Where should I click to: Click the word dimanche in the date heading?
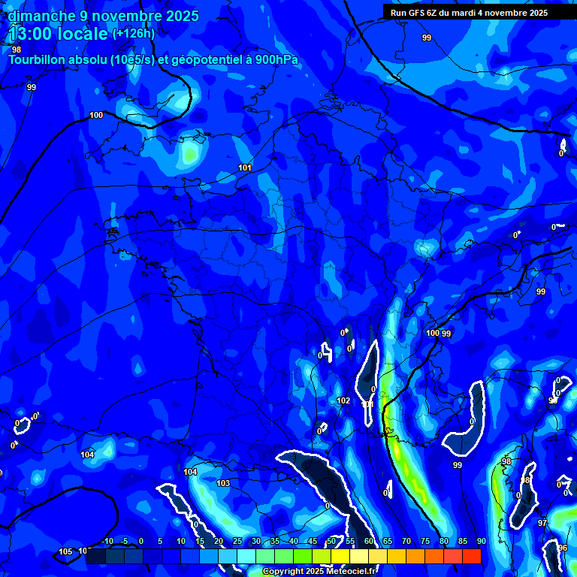click(x=41, y=16)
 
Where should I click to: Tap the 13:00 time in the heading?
click(x=31, y=34)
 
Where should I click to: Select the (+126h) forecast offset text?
click(x=134, y=34)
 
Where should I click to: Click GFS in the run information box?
click(x=417, y=13)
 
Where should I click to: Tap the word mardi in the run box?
click(x=473, y=13)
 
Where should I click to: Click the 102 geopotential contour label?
click(x=343, y=401)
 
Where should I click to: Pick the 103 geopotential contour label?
click(x=222, y=483)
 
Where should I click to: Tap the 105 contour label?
click(x=65, y=552)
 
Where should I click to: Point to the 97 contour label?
click(x=542, y=523)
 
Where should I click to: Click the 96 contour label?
click(x=563, y=548)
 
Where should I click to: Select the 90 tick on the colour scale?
click(x=481, y=541)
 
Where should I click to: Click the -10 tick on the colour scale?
click(x=107, y=541)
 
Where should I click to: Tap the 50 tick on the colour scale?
click(x=331, y=541)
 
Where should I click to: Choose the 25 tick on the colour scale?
click(x=237, y=541)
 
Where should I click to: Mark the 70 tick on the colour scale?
click(x=406, y=541)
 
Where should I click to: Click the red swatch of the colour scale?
click(x=471, y=556)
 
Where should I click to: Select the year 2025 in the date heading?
click(x=182, y=16)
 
